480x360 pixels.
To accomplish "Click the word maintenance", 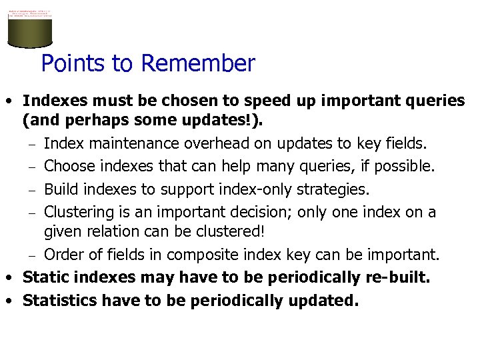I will pyautogui.click(x=125, y=143).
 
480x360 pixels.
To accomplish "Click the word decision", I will pyautogui.click(x=257, y=212).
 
